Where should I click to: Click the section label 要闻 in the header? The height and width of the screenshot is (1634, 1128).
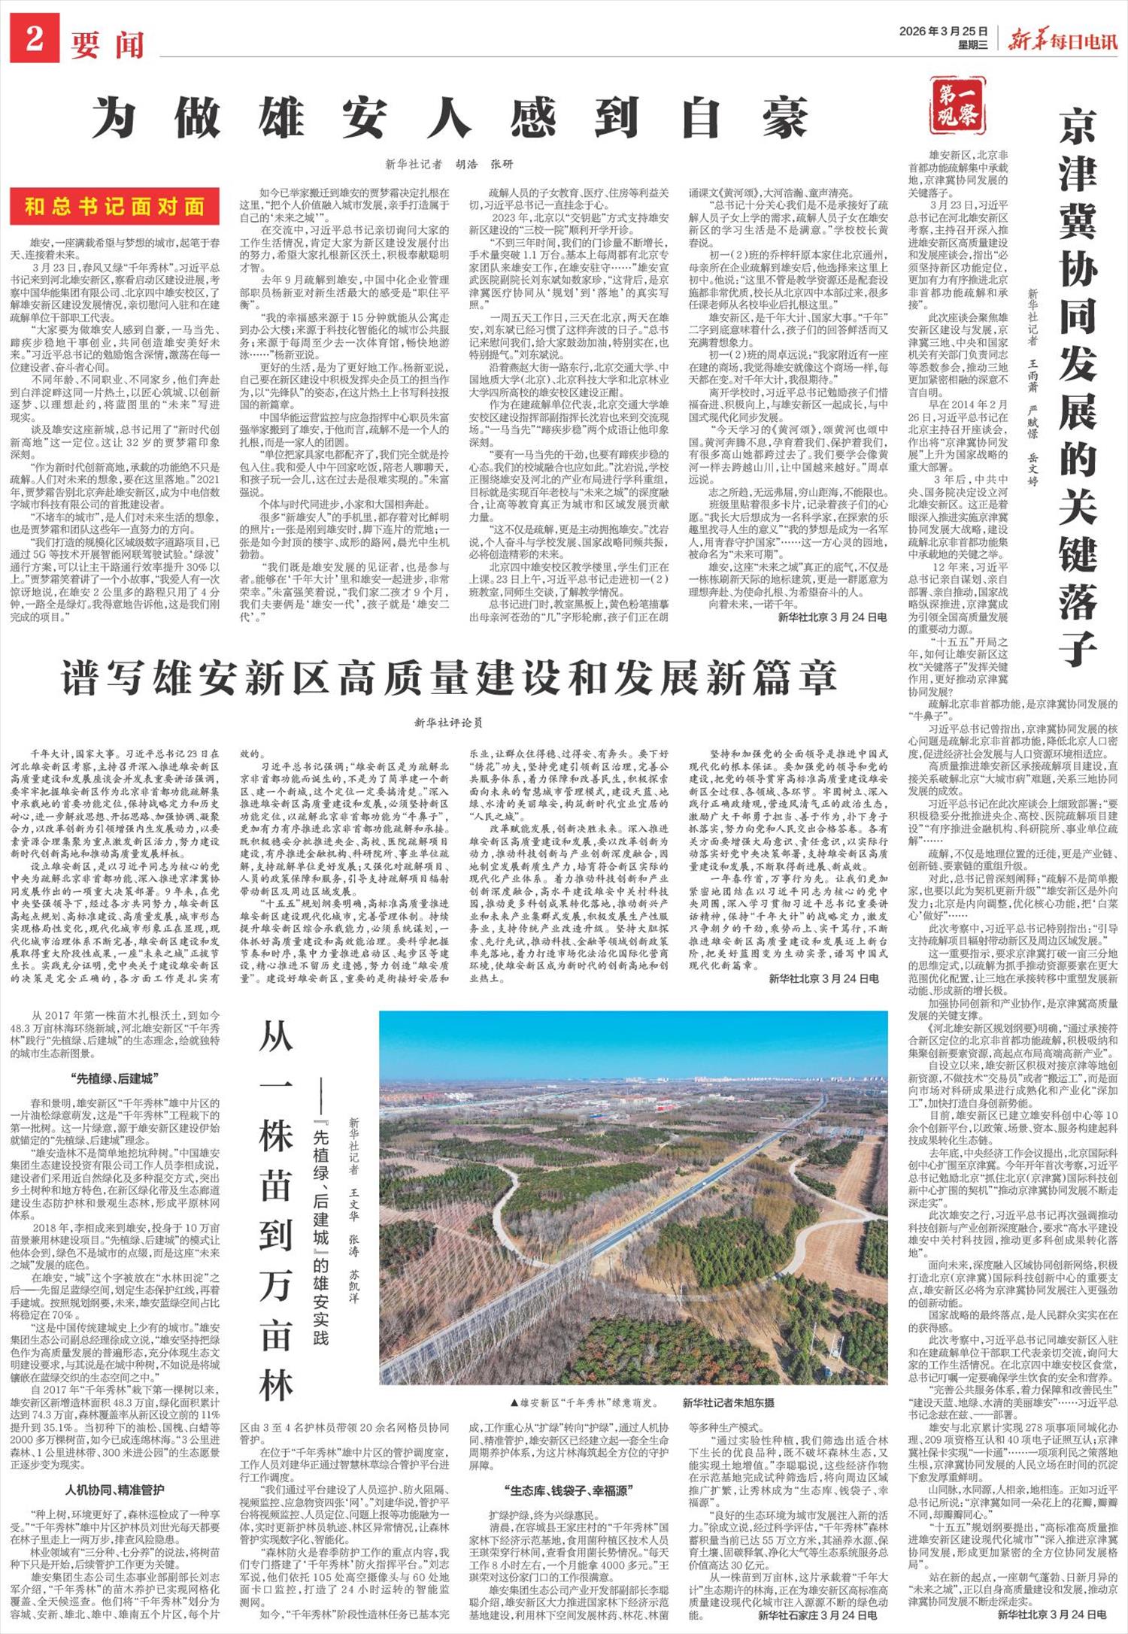pos(108,44)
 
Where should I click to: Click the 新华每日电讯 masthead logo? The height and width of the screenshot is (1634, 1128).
pos(1063,40)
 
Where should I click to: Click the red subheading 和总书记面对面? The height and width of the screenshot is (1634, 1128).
pos(115,207)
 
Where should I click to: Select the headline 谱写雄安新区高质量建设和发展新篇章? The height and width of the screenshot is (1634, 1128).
pos(450,678)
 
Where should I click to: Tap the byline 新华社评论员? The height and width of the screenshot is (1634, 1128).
pos(448,723)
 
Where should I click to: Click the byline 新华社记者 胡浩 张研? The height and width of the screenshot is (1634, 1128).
pos(448,164)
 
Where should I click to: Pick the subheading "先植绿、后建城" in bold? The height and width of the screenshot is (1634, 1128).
pos(114,1078)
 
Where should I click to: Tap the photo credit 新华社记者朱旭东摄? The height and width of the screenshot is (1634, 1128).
pos(728,1402)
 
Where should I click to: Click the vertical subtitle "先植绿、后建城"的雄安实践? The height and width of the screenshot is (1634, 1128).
pos(321,1222)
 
